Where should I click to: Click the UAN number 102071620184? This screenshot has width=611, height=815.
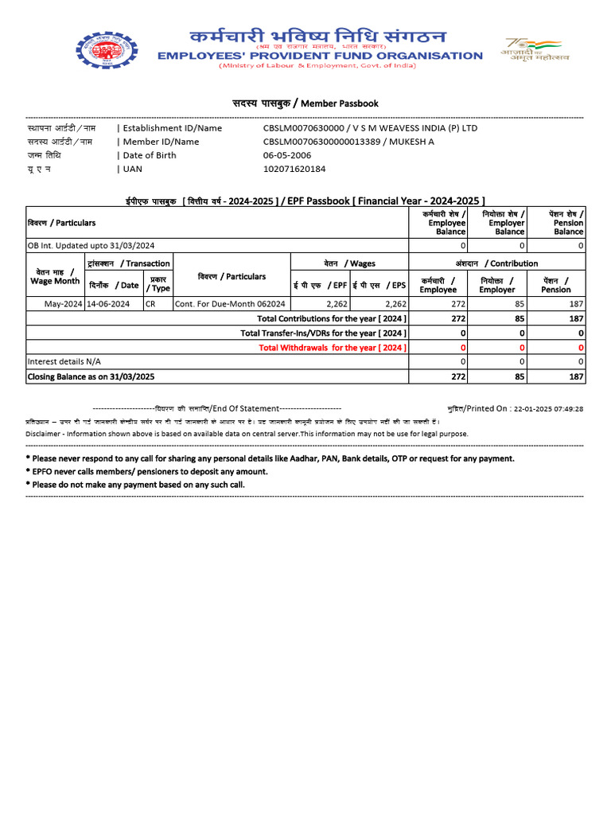tap(294, 169)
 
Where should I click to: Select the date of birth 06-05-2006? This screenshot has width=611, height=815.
tap(287, 155)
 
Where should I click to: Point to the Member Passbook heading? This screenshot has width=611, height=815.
tap(305, 103)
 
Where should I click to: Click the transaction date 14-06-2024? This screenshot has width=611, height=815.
tap(108, 304)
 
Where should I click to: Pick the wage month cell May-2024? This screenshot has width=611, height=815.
tap(63, 304)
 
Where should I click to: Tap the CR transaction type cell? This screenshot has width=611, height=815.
tap(151, 304)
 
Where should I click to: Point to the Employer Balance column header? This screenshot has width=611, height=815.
tap(507, 223)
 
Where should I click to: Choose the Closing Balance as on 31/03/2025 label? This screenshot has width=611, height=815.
tap(91, 376)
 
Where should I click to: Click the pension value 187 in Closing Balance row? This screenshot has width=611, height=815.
tap(576, 376)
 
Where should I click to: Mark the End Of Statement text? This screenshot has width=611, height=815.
tap(246, 408)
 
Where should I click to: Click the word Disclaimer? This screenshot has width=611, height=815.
tap(42, 434)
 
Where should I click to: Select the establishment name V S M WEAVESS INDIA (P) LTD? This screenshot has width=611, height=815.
tap(415, 128)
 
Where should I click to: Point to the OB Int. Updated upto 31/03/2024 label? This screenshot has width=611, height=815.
tap(91, 246)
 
